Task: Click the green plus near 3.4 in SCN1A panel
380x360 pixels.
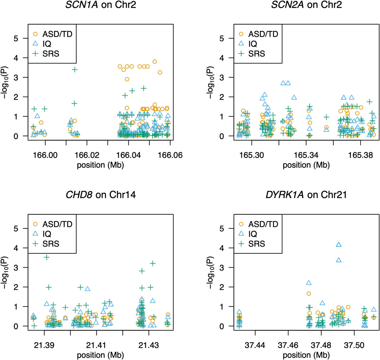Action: [75, 70]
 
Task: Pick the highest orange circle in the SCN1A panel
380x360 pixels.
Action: [154, 61]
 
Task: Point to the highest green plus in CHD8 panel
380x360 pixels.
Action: [47, 257]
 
